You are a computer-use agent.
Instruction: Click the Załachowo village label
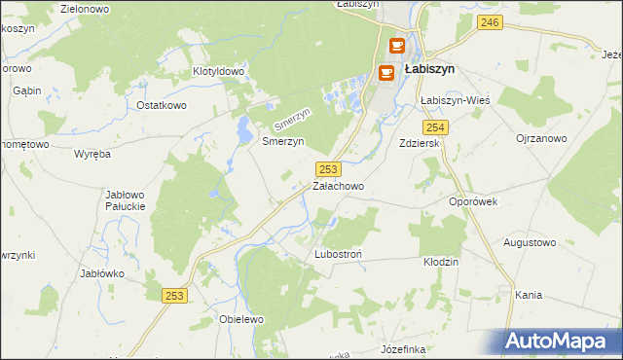pos(338,186)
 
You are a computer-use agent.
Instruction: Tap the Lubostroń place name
pos(338,255)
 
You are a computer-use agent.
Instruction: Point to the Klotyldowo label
pos(217,72)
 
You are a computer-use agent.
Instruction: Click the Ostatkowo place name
pos(161,105)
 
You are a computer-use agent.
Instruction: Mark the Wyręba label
pos(92,154)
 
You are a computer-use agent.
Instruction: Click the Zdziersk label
pos(421,143)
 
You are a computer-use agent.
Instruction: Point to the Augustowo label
pos(529,241)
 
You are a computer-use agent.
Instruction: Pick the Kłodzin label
pos(440,263)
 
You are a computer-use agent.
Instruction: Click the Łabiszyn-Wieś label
pos(454,100)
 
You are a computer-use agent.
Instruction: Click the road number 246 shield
pos(491,22)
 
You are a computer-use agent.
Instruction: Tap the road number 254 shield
pos(435,127)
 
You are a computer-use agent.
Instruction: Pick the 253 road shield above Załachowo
pos(328,168)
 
